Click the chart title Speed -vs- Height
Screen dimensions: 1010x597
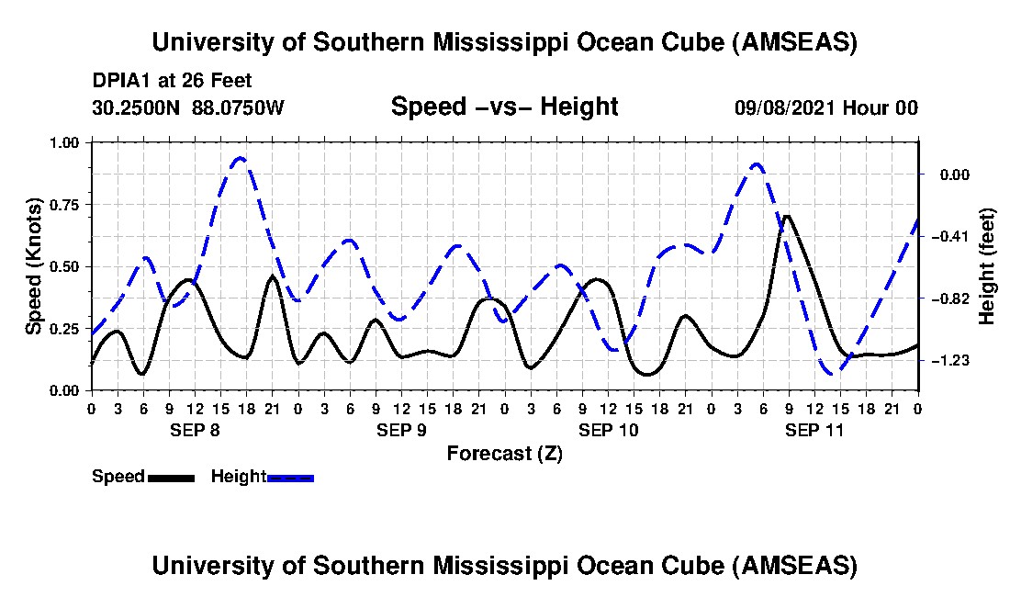[504, 107]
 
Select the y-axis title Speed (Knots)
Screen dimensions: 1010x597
[33, 266]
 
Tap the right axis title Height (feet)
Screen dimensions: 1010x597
[986, 266]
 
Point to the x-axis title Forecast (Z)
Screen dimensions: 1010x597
[504, 454]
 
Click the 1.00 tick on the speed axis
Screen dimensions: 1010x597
[63, 142]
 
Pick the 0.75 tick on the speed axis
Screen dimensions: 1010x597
[63, 205]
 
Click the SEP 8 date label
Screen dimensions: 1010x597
[195, 430]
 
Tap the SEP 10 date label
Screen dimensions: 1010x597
[608, 430]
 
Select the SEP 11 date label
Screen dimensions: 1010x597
[814, 430]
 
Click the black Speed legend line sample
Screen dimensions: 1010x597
[172, 478]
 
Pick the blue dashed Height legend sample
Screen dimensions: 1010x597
[290, 478]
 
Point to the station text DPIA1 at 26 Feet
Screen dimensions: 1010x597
[172, 81]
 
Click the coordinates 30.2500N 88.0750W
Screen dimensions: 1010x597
[187, 107]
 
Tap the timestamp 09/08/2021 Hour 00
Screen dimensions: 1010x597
[826, 107]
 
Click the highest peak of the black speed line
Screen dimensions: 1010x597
[787, 217]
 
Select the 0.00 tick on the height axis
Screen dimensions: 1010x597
[955, 175]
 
